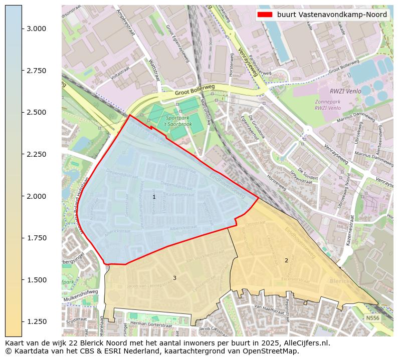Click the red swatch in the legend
265,15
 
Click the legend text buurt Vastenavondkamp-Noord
332,15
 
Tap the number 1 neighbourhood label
154,197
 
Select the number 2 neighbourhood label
286,260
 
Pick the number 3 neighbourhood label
174,278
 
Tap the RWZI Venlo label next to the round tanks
342,91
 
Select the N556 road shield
372,318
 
